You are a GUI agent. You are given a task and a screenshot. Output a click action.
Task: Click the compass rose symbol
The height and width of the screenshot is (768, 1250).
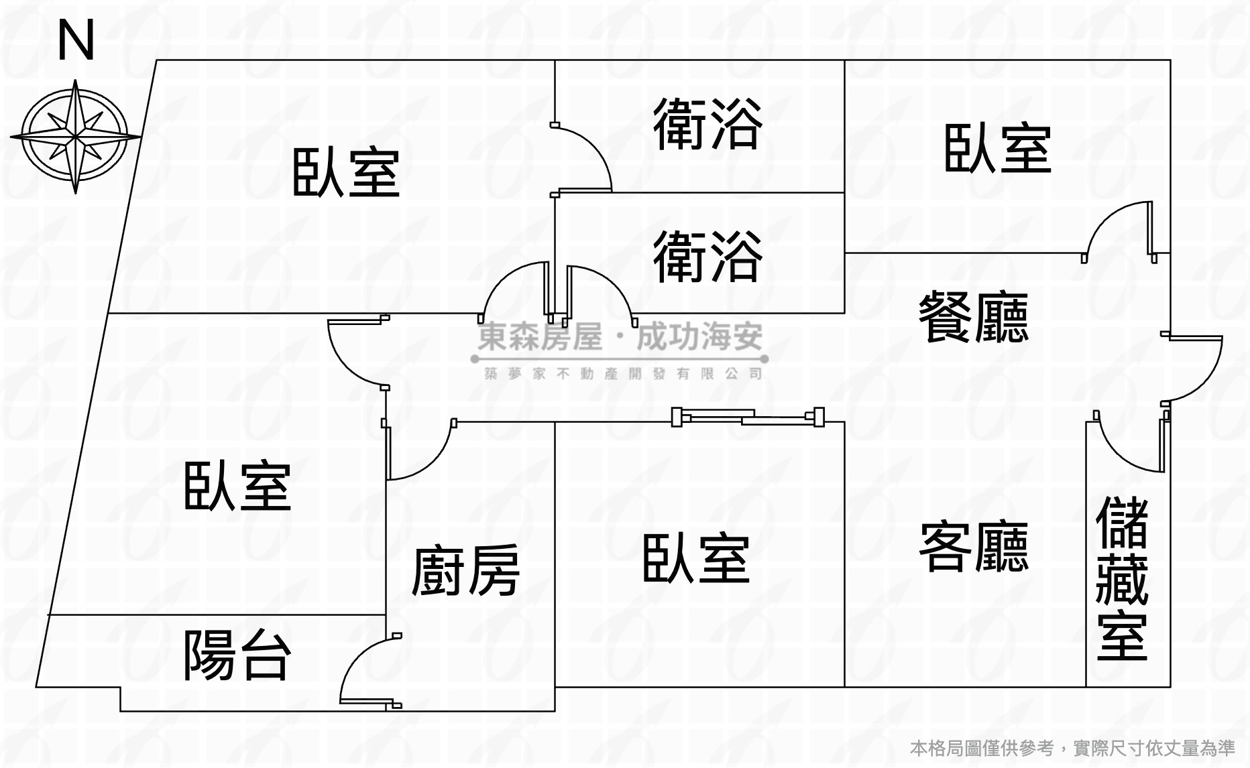pyautogui.click(x=75, y=136)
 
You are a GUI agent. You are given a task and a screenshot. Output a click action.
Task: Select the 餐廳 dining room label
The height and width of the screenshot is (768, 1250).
pyautogui.click(x=973, y=318)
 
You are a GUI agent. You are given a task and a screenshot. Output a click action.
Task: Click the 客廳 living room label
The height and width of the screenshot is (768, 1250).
pyautogui.click(x=973, y=548)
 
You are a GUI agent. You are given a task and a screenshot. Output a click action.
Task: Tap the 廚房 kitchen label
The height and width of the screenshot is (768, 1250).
pyautogui.click(x=465, y=571)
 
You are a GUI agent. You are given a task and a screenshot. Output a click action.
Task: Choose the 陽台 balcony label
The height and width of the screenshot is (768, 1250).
pyautogui.click(x=237, y=655)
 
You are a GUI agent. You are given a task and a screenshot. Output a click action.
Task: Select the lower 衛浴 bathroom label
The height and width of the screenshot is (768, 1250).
pyautogui.click(x=707, y=257)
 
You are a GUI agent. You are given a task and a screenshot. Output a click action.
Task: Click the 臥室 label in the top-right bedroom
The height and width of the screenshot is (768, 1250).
pyautogui.click(x=997, y=149)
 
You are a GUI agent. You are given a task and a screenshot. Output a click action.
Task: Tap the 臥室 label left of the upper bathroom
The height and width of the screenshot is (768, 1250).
pyautogui.click(x=346, y=173)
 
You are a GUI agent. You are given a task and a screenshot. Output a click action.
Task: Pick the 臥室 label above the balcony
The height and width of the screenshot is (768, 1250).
pyautogui.click(x=237, y=487)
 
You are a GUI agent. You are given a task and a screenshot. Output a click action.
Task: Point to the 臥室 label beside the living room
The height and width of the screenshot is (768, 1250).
pyautogui.click(x=695, y=559)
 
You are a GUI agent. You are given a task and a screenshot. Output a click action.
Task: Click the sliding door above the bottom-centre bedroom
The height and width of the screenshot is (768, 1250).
pyautogui.click(x=748, y=418)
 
